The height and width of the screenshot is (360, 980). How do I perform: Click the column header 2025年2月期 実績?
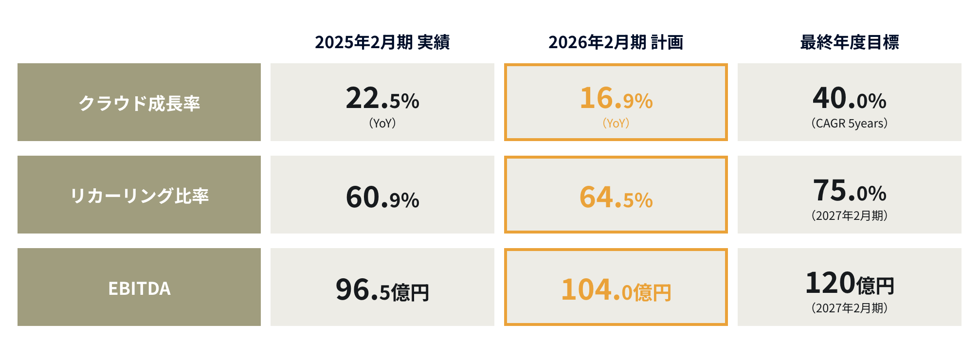tap(382, 42)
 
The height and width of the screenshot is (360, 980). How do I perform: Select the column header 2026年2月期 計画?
tap(616, 42)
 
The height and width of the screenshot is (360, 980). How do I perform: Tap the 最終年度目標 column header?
tap(849, 42)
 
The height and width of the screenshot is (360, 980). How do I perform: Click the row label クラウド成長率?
tap(139, 103)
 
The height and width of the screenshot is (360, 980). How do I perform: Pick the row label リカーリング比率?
tap(139, 195)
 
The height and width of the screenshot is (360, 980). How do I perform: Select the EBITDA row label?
tap(139, 288)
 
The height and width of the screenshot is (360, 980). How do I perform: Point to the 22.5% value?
tap(382, 98)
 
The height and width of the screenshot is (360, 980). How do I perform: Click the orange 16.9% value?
tap(616, 98)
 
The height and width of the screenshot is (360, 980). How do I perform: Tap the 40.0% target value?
tap(849, 98)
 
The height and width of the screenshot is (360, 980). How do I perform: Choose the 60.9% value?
tap(382, 198)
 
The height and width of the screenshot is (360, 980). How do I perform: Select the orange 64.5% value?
tap(616, 198)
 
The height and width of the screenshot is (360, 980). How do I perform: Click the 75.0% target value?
tap(849, 191)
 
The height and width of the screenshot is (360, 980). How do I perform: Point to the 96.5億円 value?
tap(382, 290)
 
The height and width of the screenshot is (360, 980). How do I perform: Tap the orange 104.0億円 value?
tap(616, 290)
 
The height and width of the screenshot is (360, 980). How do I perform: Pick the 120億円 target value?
tap(849, 283)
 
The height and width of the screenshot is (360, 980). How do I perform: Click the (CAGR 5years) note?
tap(849, 124)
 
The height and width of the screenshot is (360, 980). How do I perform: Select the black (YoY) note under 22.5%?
tap(382, 124)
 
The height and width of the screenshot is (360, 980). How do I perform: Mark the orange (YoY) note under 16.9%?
tap(616, 124)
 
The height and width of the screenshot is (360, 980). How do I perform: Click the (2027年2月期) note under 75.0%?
tap(849, 216)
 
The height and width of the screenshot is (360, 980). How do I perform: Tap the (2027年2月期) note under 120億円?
tap(849, 308)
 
